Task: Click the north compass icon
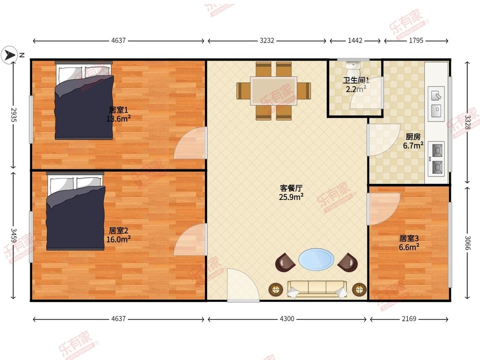click(x=9, y=55)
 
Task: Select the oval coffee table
click(x=316, y=259)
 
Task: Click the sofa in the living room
click(x=317, y=289)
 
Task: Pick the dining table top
click(x=273, y=90)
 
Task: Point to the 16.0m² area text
click(x=118, y=239)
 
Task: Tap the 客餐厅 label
click(x=291, y=188)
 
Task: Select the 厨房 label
click(x=413, y=137)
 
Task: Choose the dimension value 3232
click(x=267, y=41)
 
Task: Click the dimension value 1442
click(x=355, y=41)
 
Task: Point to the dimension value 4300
click(x=287, y=319)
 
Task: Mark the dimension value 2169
click(x=409, y=319)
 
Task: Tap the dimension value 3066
click(x=468, y=244)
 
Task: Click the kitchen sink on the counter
click(x=436, y=103)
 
